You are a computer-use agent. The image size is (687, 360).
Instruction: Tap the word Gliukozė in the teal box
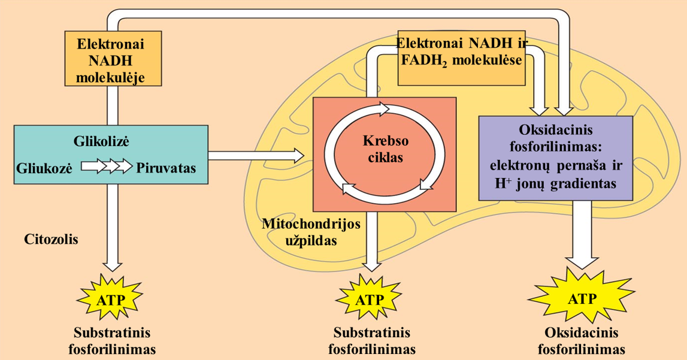pos(45,168)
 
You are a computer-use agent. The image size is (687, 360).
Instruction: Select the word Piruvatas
pos(167,168)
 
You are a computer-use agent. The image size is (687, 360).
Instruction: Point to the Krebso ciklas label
pos(385,150)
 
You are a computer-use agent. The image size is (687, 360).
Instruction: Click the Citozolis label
pos(52,240)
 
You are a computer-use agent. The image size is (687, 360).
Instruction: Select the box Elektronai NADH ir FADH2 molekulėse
pos(461,59)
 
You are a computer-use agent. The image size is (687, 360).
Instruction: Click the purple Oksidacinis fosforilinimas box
pos(556,158)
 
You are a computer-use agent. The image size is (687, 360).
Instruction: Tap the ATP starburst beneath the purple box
pos(581,298)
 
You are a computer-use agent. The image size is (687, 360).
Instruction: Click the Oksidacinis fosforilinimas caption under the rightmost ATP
pos(582,341)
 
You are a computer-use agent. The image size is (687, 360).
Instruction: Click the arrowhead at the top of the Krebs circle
pos(383,108)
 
